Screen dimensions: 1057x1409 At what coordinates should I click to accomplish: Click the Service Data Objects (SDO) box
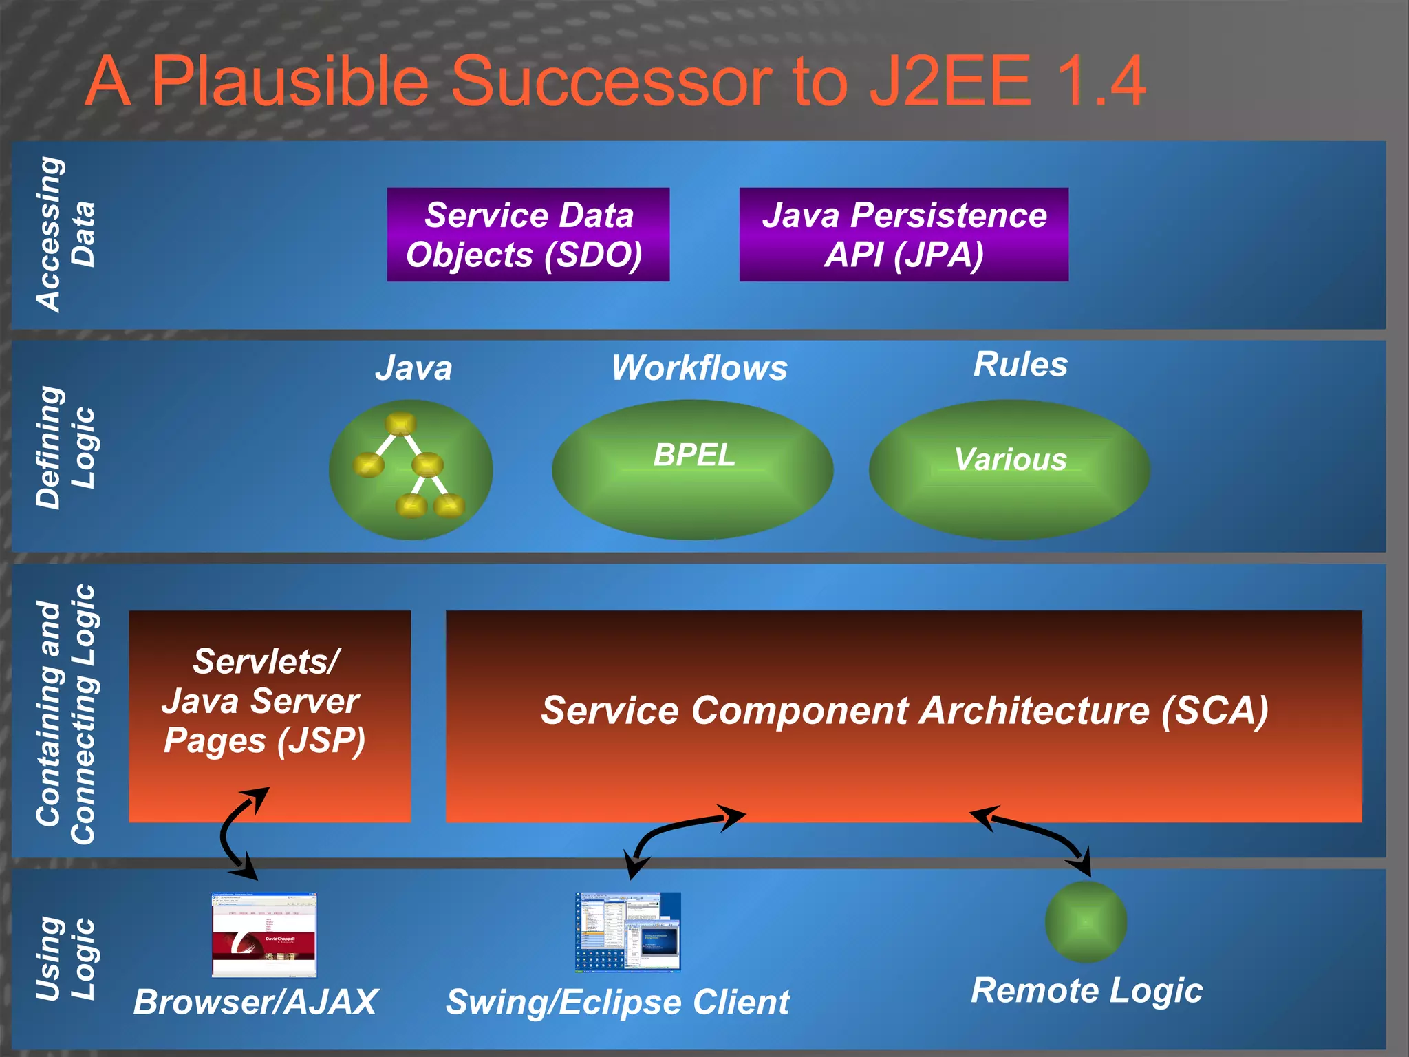(x=528, y=235)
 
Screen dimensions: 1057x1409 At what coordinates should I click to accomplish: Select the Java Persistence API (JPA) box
(x=903, y=235)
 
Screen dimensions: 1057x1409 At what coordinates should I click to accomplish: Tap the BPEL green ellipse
(x=692, y=469)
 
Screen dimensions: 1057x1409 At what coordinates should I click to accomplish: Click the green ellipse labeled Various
(x=1009, y=469)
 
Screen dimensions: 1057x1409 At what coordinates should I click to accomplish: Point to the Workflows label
(x=699, y=368)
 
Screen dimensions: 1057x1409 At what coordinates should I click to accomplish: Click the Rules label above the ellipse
(x=1020, y=364)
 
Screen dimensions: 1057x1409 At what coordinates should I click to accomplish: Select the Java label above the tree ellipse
(x=413, y=368)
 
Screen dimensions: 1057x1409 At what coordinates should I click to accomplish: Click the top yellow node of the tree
(x=400, y=423)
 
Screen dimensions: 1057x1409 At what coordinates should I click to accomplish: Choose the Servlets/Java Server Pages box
(x=270, y=716)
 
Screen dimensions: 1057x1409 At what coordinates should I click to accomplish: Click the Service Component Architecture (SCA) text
(x=903, y=710)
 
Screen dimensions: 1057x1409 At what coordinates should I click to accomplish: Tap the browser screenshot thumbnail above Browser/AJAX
(x=263, y=935)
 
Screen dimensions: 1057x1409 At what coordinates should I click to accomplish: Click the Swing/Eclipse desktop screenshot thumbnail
(x=627, y=932)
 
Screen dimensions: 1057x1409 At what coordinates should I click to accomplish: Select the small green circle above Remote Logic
(x=1085, y=921)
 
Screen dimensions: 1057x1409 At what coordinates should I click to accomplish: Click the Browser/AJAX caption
(x=255, y=1002)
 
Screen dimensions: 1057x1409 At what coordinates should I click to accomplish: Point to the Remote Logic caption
(x=1086, y=991)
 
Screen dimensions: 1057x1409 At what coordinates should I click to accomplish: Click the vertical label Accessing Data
(x=65, y=235)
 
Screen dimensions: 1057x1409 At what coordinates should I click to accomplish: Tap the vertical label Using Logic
(x=65, y=959)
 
